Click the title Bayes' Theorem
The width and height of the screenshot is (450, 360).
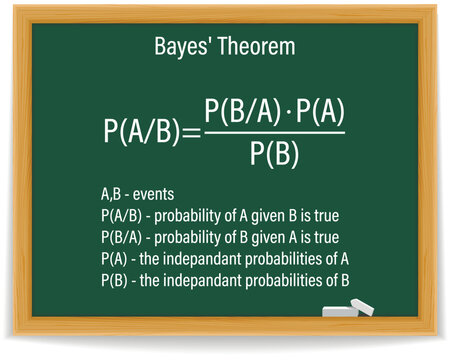point(225,46)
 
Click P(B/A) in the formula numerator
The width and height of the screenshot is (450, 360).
point(241,111)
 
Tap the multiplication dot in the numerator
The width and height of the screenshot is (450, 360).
point(286,111)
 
